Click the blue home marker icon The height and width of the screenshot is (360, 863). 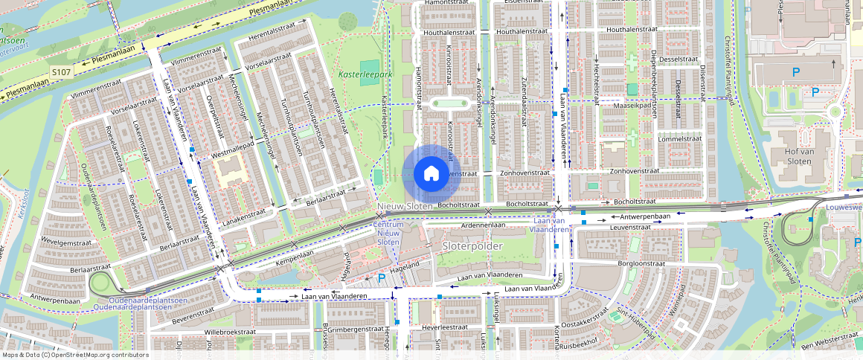431,174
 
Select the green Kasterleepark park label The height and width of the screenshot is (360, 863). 365,74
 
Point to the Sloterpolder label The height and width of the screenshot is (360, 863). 472,245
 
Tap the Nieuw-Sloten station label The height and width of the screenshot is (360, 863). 404,206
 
